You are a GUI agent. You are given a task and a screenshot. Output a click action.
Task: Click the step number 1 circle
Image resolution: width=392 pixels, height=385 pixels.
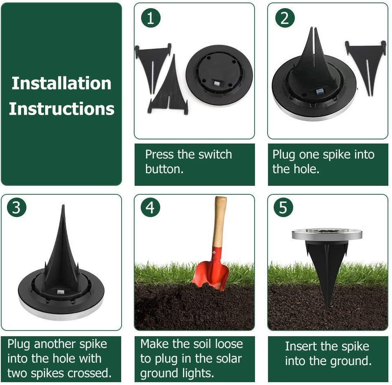click(x=150, y=18)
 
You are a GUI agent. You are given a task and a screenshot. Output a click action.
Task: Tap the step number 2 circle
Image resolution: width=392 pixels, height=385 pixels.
click(x=285, y=18)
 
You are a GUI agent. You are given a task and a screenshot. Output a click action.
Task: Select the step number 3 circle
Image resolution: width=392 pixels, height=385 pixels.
click(x=17, y=208)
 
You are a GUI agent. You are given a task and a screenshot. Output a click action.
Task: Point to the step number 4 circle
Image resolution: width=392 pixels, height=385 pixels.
click(x=150, y=208)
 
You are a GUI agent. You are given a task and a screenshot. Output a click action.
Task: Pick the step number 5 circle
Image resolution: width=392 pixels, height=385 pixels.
click(x=283, y=208)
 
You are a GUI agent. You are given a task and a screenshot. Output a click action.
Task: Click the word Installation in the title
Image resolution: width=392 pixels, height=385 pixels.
click(x=61, y=83)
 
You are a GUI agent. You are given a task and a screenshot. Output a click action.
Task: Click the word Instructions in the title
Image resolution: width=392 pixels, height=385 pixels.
click(x=61, y=109)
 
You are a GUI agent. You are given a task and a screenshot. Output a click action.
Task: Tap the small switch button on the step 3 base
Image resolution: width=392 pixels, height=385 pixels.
click(x=61, y=292)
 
